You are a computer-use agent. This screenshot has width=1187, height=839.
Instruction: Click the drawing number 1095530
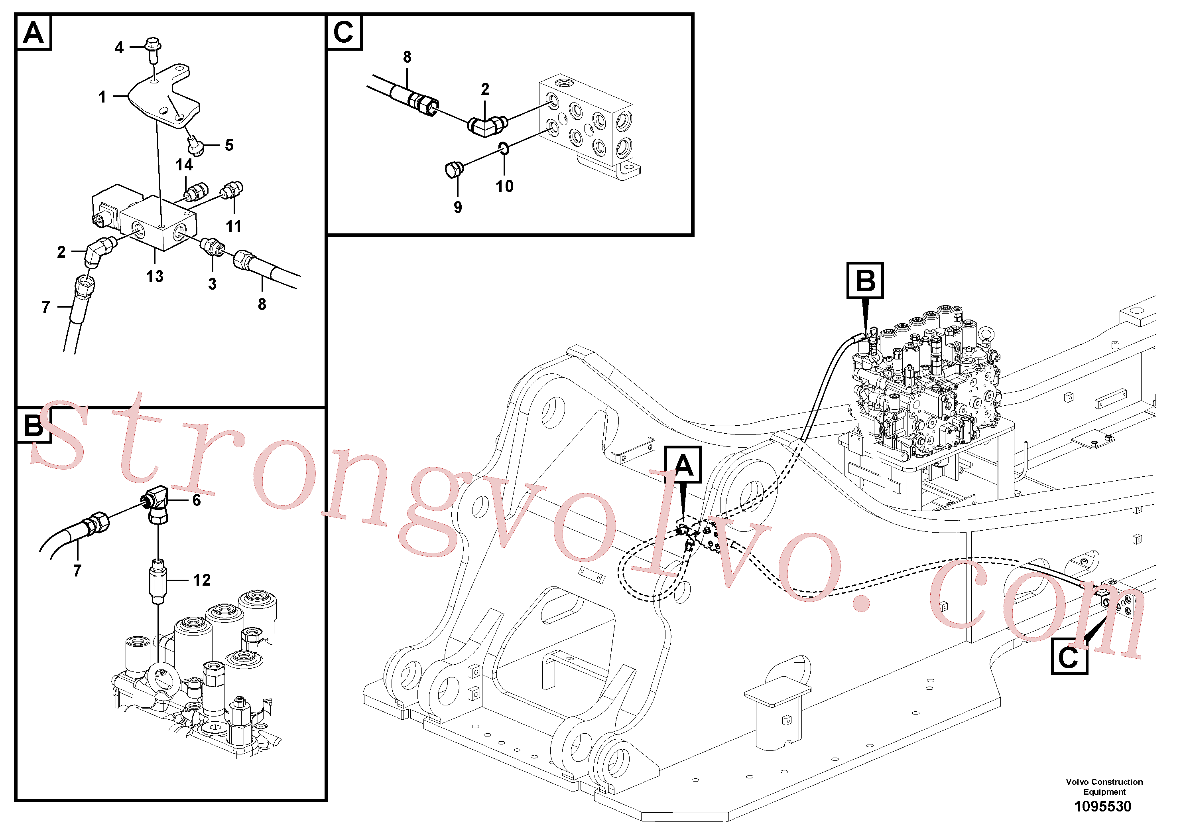1103,806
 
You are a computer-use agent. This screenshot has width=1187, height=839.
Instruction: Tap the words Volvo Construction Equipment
1104,787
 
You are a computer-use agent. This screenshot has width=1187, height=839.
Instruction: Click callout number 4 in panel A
120,47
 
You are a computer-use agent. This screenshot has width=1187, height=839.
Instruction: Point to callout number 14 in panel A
184,165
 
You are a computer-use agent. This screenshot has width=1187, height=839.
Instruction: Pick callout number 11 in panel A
234,226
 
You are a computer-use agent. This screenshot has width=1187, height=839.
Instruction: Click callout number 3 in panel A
213,284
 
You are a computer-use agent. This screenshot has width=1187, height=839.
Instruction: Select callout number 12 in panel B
202,580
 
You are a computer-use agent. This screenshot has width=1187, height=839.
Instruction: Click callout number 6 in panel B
197,500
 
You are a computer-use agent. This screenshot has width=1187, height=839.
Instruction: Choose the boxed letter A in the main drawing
683,464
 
